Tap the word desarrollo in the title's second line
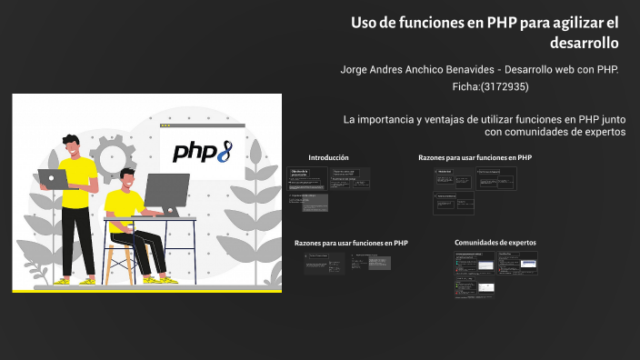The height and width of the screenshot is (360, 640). (x=584, y=43)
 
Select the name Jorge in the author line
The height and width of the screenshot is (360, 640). (x=357, y=70)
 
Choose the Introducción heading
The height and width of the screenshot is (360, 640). (x=328, y=157)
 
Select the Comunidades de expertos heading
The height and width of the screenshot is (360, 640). (x=495, y=243)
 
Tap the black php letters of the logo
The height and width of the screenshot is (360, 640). (x=193, y=151)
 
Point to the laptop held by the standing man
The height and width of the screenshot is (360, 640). (x=53, y=179)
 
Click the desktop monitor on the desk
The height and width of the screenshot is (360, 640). (x=166, y=192)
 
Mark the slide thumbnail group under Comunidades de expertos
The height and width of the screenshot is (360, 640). (x=495, y=274)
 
